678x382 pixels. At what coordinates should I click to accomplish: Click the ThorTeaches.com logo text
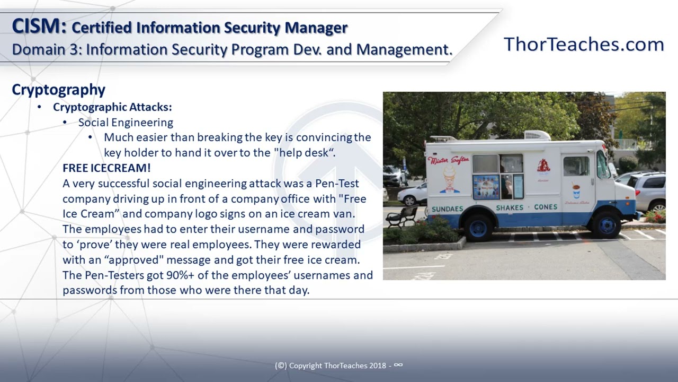583,45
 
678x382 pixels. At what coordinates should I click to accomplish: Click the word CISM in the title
38,27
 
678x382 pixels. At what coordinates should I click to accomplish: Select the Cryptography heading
58,90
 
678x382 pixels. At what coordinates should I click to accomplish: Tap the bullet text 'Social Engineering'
126,123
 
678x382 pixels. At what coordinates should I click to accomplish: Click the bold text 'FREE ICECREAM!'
106,168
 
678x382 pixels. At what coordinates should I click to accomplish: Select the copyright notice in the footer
338,366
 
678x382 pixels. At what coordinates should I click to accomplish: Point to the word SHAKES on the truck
510,207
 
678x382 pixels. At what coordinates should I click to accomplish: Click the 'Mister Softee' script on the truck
448,160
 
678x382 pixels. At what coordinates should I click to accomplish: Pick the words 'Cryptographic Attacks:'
112,107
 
